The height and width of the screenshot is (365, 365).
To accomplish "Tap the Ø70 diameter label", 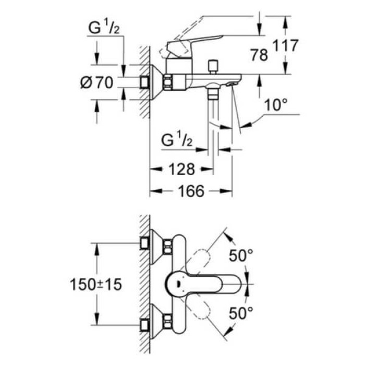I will point(98,82).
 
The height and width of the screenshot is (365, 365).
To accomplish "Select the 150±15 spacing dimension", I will point(95,284).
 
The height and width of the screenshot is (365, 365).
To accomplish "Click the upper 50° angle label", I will point(241,256).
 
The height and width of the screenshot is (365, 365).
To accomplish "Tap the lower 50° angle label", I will point(241,312).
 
